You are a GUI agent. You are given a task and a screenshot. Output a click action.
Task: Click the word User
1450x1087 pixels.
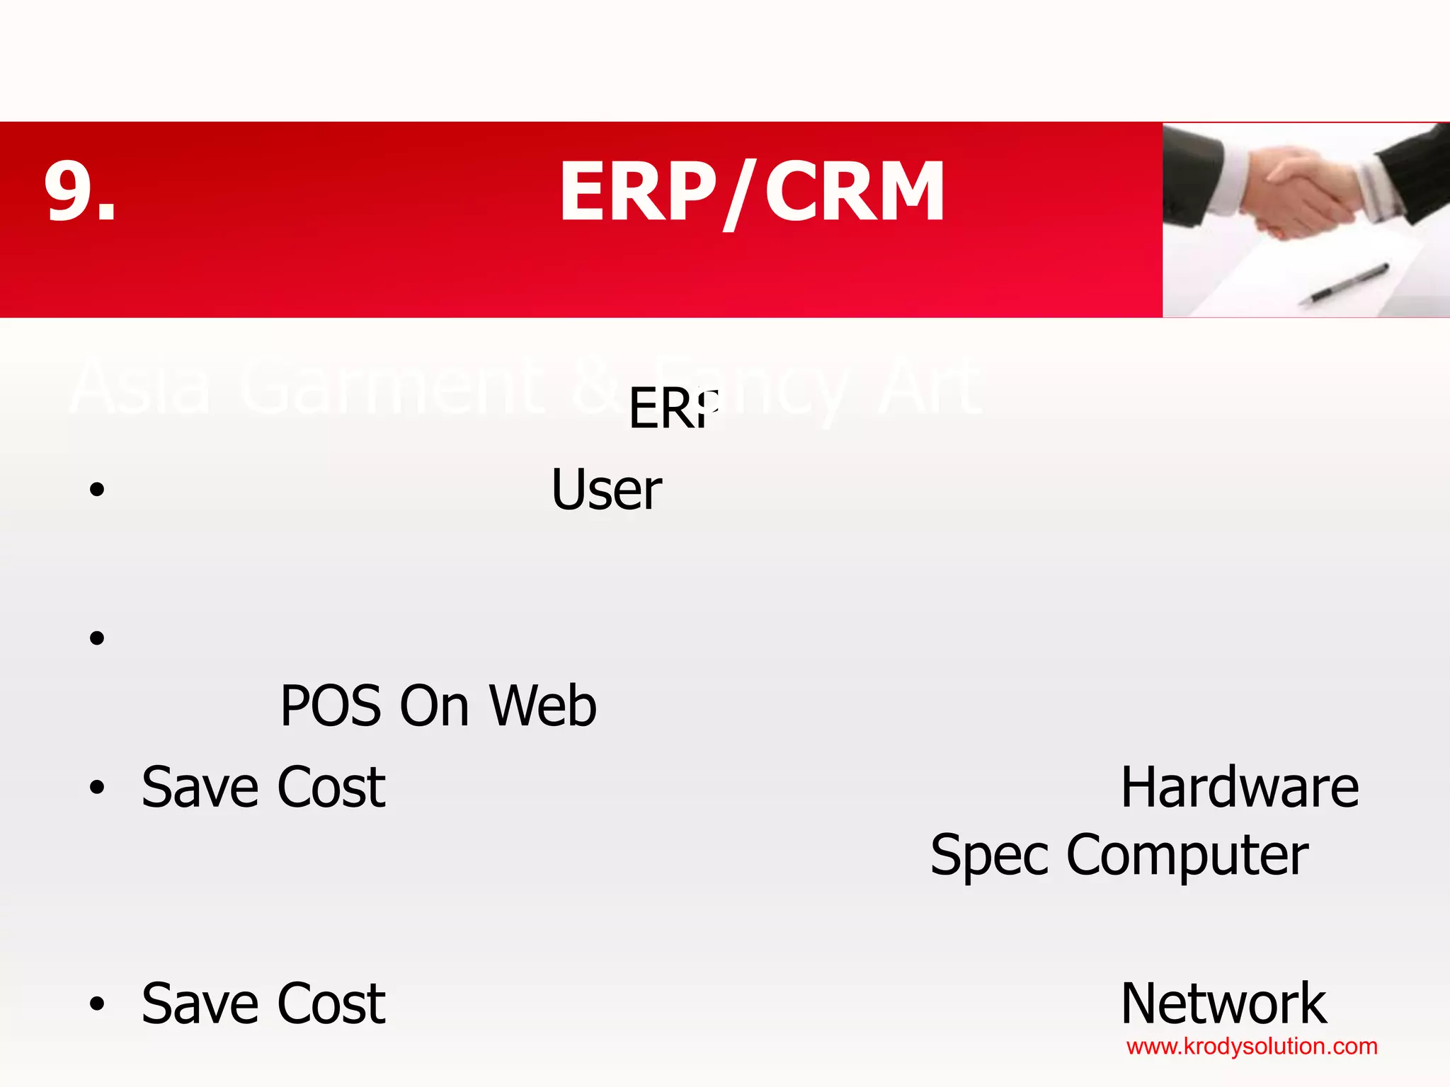click(606, 490)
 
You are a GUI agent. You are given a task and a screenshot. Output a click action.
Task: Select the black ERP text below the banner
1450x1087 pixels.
click(673, 409)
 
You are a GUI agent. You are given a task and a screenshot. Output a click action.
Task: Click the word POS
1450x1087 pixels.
click(333, 706)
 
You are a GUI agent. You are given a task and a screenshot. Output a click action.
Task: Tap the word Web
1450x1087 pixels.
click(543, 706)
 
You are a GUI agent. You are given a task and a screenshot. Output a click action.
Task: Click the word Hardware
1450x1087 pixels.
click(1239, 788)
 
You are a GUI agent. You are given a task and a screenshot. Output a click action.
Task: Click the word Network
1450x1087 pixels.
click(1223, 1003)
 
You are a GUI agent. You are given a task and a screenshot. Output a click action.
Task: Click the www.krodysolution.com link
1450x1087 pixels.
click(1252, 1047)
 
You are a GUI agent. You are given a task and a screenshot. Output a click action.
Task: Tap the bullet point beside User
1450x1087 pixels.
click(97, 490)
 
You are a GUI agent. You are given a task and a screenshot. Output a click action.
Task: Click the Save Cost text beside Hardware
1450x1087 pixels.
click(263, 788)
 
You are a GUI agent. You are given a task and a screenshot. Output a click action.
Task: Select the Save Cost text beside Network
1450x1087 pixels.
click(263, 1003)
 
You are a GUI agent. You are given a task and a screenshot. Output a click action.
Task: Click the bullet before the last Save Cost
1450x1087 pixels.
click(97, 1003)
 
